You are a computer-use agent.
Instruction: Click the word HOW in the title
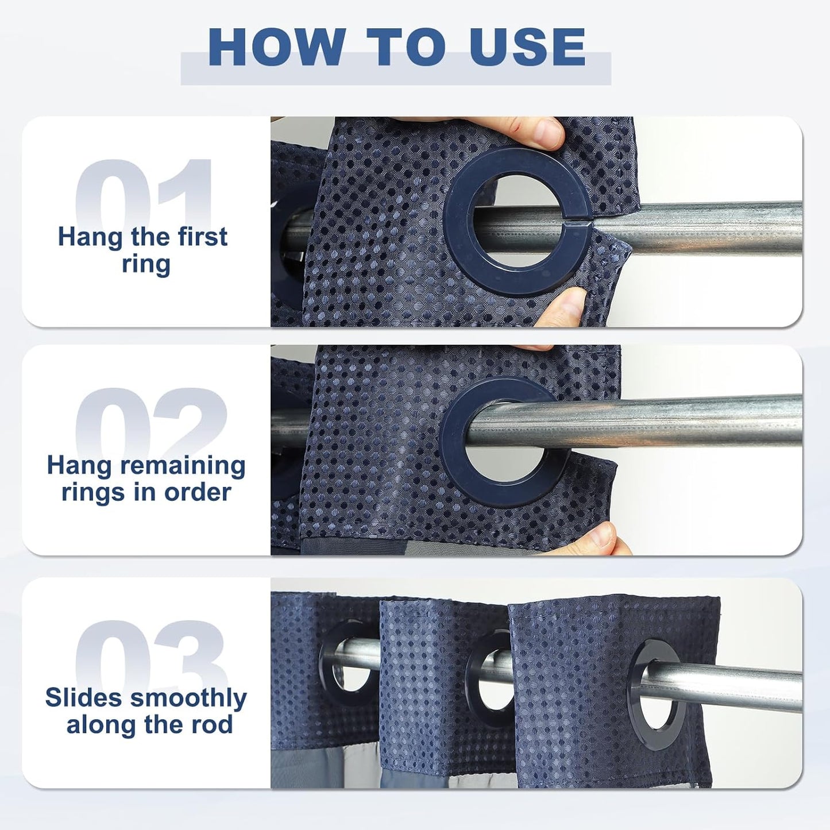[277, 47]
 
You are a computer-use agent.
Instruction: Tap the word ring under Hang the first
[146, 265]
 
